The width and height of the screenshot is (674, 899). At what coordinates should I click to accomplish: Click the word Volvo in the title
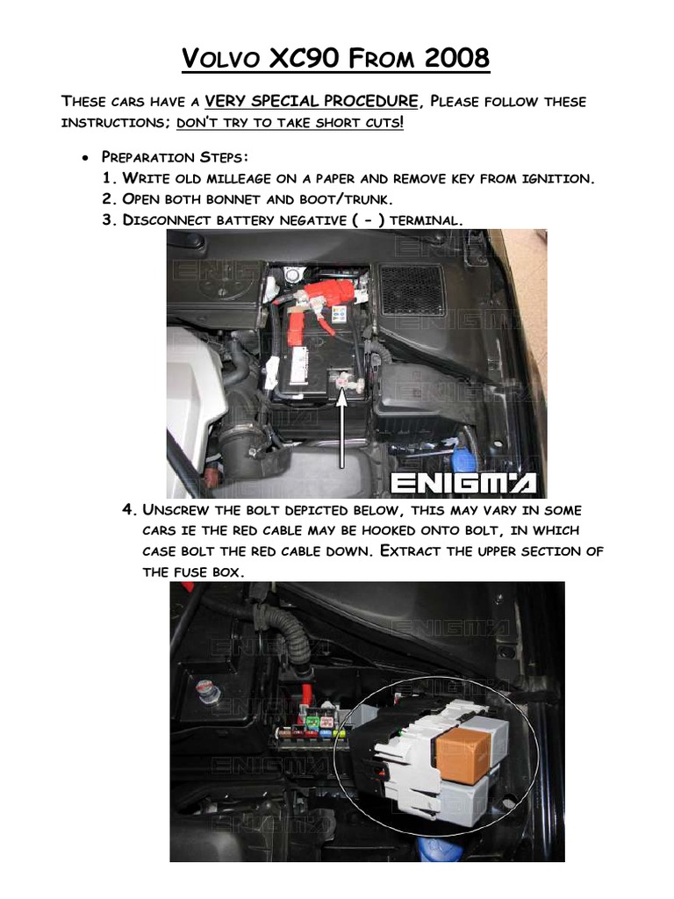click(220, 60)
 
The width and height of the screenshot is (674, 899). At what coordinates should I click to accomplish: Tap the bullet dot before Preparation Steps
click(84, 158)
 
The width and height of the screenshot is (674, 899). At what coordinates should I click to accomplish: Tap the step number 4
click(129, 510)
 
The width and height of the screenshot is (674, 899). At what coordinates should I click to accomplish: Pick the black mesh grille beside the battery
click(412, 289)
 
